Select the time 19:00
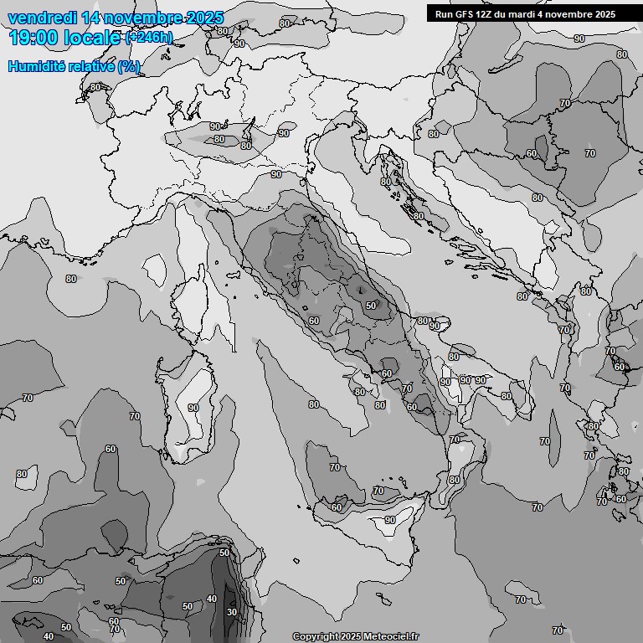[33, 38]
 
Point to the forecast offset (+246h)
[149, 38]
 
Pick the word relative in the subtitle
[92, 66]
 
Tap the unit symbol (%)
[128, 66]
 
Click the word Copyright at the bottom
[315, 636]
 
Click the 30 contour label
[232, 612]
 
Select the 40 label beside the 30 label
[212, 599]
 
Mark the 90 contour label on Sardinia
[193, 408]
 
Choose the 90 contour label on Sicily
[389, 520]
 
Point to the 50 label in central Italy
[371, 306]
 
